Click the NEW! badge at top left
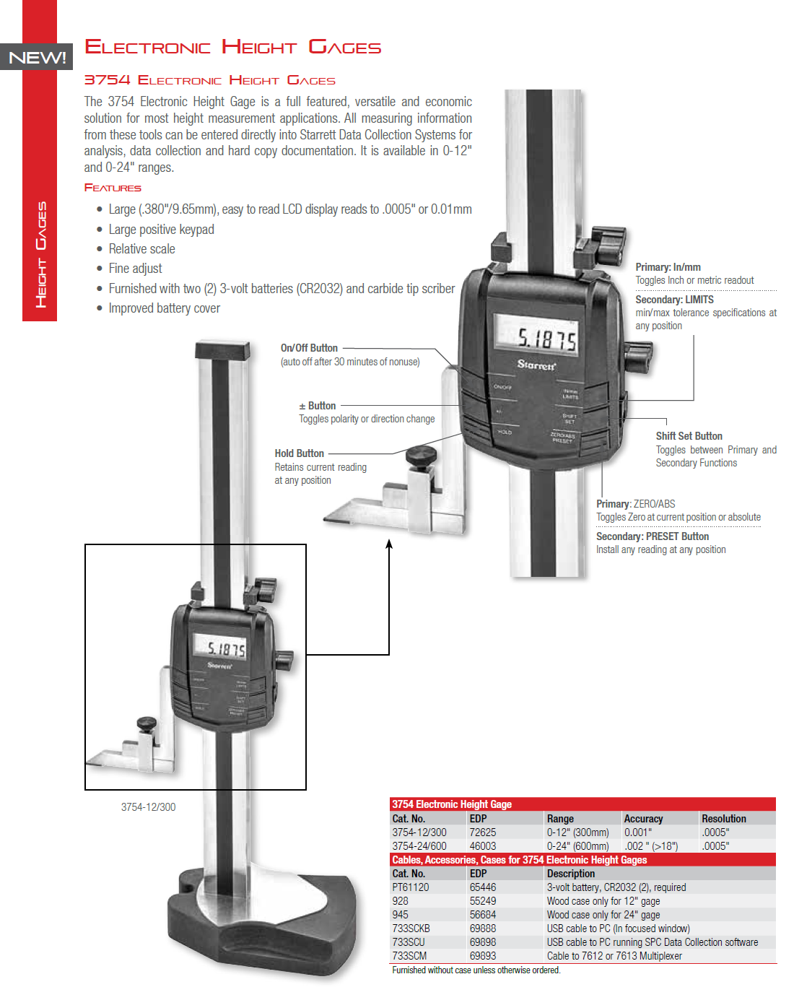coord(38,58)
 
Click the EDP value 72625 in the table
coord(483,832)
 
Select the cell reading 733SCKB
coord(411,929)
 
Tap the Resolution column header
coord(723,819)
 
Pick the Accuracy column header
coord(643,819)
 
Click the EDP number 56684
coord(483,915)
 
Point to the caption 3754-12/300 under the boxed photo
coord(148,807)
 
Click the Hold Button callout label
coord(299,453)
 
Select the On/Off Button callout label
coord(309,348)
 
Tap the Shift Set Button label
coord(689,436)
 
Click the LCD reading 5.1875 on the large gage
coord(546,339)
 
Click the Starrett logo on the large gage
coord(536,365)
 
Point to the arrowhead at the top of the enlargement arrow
coord(389,544)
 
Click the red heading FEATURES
coord(113,188)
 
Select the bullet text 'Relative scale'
coord(141,249)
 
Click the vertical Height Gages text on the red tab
coord(41,254)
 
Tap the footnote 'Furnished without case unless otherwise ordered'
coord(476,970)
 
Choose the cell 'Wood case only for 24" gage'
coord(603,915)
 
